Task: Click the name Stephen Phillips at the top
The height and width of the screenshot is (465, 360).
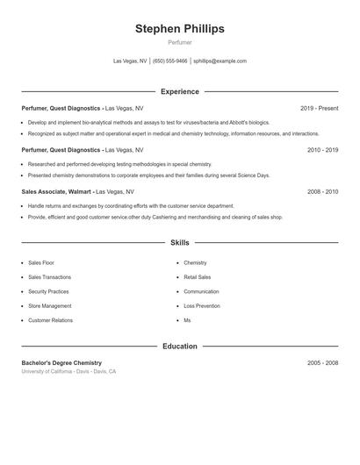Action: click(x=179, y=29)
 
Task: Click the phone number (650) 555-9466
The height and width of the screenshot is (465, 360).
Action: click(x=170, y=61)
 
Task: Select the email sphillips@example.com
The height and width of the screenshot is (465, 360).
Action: click(x=220, y=61)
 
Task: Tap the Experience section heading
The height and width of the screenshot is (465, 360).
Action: click(x=179, y=91)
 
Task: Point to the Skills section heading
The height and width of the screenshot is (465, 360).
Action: click(x=179, y=242)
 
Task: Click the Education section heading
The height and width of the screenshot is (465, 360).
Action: click(x=179, y=347)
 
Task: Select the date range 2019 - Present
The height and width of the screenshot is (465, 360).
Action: click(x=319, y=109)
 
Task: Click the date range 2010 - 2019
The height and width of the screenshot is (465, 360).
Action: click(x=322, y=150)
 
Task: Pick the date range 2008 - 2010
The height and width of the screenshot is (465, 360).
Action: click(x=322, y=191)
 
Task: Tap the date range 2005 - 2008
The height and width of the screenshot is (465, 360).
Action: click(x=322, y=363)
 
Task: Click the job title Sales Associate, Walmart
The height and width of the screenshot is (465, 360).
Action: click(x=56, y=191)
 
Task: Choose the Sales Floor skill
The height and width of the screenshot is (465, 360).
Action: click(x=41, y=262)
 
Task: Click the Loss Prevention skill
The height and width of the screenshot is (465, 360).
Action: click(x=201, y=306)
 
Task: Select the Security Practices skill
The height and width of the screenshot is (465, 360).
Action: click(x=48, y=291)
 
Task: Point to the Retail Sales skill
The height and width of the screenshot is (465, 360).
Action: click(x=198, y=277)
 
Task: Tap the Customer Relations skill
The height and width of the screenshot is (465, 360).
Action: click(x=50, y=320)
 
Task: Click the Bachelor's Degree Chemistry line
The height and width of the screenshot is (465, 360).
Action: click(x=61, y=363)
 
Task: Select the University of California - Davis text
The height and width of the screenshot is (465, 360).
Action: click(x=57, y=372)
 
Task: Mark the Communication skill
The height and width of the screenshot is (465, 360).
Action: click(x=201, y=291)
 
